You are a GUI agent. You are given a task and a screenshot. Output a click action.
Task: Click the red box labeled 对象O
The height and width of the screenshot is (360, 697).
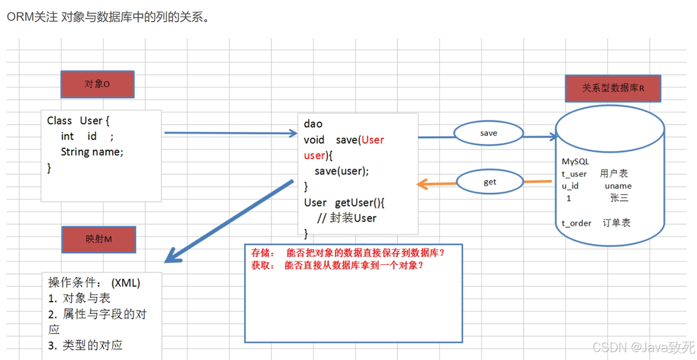(x=97, y=84)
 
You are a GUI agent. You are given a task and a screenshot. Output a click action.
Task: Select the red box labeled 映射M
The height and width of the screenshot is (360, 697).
(x=98, y=240)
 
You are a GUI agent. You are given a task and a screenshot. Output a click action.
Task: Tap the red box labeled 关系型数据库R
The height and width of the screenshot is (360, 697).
(x=613, y=88)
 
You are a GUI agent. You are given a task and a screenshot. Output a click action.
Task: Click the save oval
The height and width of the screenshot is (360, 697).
(x=488, y=133)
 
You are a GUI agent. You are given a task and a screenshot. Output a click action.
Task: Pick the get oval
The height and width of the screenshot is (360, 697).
(x=489, y=182)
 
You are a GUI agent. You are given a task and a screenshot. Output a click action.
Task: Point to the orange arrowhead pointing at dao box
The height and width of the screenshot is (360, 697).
(x=422, y=184)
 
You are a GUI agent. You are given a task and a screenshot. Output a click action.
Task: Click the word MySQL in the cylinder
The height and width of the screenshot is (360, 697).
(x=575, y=162)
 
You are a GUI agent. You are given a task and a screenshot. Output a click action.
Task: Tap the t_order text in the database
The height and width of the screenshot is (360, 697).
(x=576, y=223)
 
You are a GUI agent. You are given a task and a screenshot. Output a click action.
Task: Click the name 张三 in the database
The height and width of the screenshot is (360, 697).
(x=619, y=198)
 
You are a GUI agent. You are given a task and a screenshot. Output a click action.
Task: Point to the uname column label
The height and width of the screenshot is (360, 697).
(x=618, y=186)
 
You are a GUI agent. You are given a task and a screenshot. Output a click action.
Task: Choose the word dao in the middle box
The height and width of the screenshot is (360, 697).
(x=313, y=124)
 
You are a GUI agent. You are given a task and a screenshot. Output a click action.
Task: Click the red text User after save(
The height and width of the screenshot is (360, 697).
(x=372, y=140)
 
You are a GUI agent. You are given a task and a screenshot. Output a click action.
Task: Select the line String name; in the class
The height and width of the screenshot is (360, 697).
(x=92, y=152)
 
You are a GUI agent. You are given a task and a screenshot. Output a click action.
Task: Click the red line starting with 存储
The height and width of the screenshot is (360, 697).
(x=348, y=252)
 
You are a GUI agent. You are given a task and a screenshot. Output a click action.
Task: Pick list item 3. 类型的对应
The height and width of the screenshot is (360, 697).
(x=85, y=345)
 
